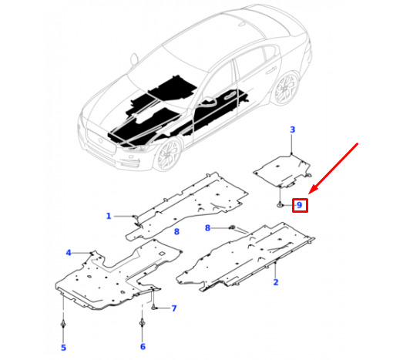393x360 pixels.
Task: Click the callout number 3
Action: tap(292, 130)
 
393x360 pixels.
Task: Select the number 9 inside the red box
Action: tap(299, 205)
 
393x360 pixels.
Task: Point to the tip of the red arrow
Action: tap(309, 193)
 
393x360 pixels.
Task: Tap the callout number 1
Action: tap(109, 216)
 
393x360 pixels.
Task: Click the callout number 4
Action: tap(69, 253)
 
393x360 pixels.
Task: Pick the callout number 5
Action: tap(63, 348)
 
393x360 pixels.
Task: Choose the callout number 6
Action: tap(143, 347)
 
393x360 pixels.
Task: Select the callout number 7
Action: tap(174, 308)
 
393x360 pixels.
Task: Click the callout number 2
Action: tap(276, 282)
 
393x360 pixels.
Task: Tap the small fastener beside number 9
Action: tap(280, 205)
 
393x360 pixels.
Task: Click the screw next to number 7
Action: tap(153, 307)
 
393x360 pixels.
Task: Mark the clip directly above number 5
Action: tap(63, 325)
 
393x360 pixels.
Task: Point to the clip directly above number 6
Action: tap(142, 322)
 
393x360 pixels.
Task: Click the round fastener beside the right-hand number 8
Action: tap(232, 227)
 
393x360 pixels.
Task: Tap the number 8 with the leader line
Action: tap(207, 228)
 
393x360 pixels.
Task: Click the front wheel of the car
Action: tap(168, 155)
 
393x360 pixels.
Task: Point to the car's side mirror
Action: tap(134, 59)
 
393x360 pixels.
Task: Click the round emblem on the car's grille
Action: tap(100, 140)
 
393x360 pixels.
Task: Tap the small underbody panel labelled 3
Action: tap(282, 170)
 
